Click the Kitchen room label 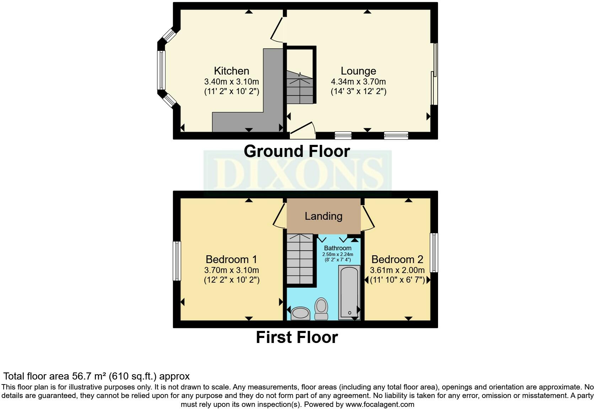231,71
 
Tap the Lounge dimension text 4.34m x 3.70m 358,82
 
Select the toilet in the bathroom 322,309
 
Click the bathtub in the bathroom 349,292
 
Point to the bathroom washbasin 301,313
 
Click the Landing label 323,216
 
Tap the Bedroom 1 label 231,259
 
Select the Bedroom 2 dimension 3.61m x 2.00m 397,270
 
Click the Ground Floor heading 297,151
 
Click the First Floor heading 297,337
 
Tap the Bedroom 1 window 177,261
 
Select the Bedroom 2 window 434,252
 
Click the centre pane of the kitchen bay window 162,70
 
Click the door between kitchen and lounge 277,28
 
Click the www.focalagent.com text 380,404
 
